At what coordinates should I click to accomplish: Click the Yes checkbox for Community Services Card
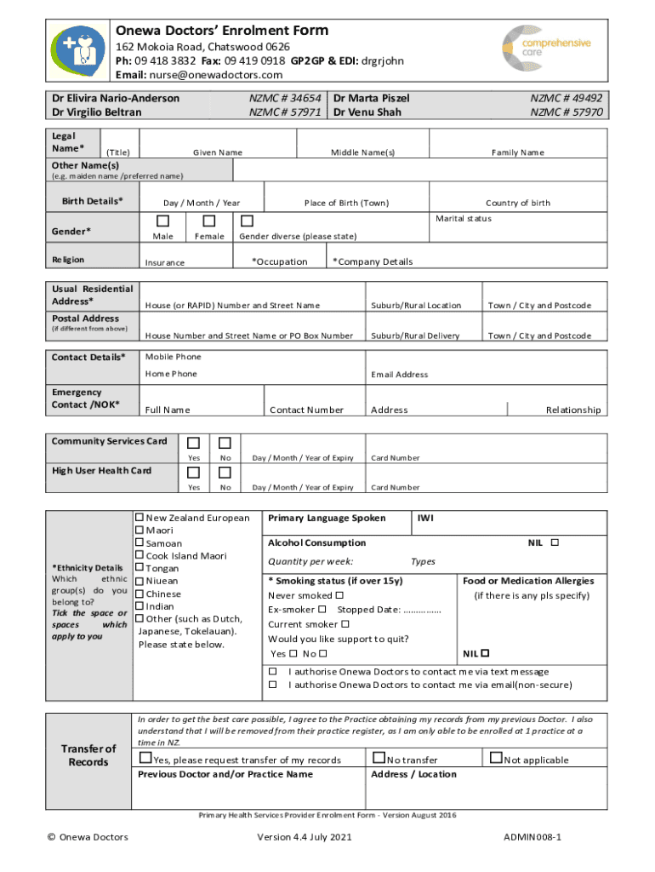194,443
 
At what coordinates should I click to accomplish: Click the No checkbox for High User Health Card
225,473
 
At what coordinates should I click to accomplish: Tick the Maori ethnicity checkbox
140,531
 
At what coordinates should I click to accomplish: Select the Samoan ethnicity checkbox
140,543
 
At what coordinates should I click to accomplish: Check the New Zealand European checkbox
140,518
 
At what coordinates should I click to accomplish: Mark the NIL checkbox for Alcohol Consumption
555,542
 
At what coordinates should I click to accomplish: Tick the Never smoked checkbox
339,595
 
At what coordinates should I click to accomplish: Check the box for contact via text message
273,672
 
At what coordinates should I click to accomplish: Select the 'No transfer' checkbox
379,758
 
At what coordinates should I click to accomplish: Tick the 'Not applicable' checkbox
496,758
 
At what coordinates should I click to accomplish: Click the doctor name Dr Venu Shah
367,112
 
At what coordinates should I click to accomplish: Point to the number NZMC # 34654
285,99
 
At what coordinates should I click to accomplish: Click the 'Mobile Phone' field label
173,357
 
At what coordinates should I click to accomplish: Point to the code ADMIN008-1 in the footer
533,838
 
